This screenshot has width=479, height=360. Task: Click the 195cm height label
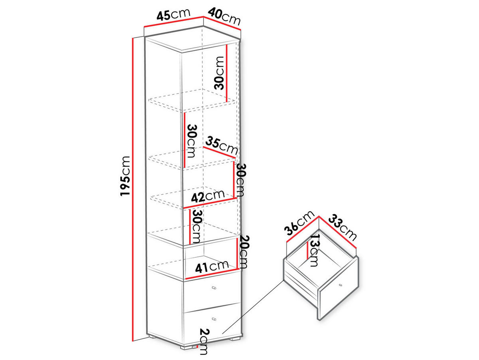tap(125, 176)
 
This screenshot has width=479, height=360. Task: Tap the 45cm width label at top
tap(174, 15)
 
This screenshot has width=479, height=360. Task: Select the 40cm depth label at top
tap(224, 16)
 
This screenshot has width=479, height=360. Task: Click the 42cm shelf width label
tap(208, 196)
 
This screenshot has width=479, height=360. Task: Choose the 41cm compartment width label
tap(212, 267)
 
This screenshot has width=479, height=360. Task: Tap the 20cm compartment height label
tap(244, 252)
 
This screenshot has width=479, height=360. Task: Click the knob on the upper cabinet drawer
tap(214, 288)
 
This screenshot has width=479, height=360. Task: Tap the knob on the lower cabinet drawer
tap(214, 319)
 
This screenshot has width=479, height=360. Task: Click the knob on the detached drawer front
tap(340, 285)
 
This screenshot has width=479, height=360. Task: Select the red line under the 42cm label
tap(210, 203)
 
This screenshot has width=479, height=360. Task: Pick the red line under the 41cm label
tap(212, 274)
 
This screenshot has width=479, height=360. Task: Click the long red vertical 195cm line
tap(133, 192)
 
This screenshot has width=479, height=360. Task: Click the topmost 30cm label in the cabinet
tap(219, 73)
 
